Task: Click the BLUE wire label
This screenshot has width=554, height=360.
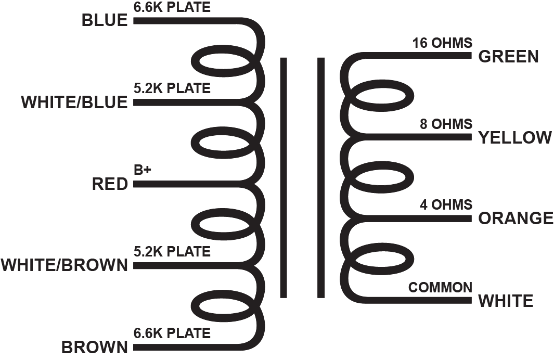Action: tap(104, 21)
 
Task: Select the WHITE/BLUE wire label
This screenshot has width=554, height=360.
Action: tap(74, 102)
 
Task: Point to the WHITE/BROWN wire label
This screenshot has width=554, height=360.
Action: tap(64, 265)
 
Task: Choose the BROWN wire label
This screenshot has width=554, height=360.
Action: tap(94, 346)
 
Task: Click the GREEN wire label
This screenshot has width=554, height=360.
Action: tap(508, 57)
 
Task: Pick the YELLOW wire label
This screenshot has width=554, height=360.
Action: tap(514, 138)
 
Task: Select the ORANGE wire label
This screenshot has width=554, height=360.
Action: tap(516, 218)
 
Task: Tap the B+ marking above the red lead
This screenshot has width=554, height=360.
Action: tap(142, 170)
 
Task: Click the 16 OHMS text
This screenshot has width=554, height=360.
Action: tap(442, 43)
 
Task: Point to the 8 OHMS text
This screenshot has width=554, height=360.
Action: tap(446, 124)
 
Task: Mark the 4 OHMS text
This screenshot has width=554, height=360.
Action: tap(446, 204)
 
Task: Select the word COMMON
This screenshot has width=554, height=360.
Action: tap(440, 287)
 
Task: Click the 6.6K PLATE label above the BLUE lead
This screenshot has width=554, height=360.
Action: tap(172, 8)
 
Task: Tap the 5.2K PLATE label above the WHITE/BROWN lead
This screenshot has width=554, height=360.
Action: tap(172, 252)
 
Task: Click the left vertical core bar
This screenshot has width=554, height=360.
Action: tap(284, 177)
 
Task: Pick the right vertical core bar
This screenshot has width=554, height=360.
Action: tap(321, 177)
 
